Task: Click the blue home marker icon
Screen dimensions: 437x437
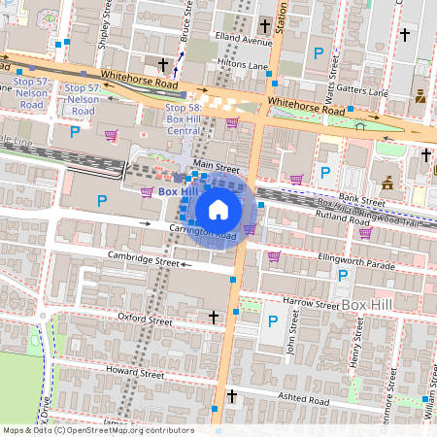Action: pos(218,210)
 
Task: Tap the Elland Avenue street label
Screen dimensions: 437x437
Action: pos(244,42)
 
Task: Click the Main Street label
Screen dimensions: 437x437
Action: pos(215,166)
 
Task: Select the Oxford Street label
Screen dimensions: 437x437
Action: pos(145,319)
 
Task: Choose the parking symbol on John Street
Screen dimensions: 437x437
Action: pos(274,320)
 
